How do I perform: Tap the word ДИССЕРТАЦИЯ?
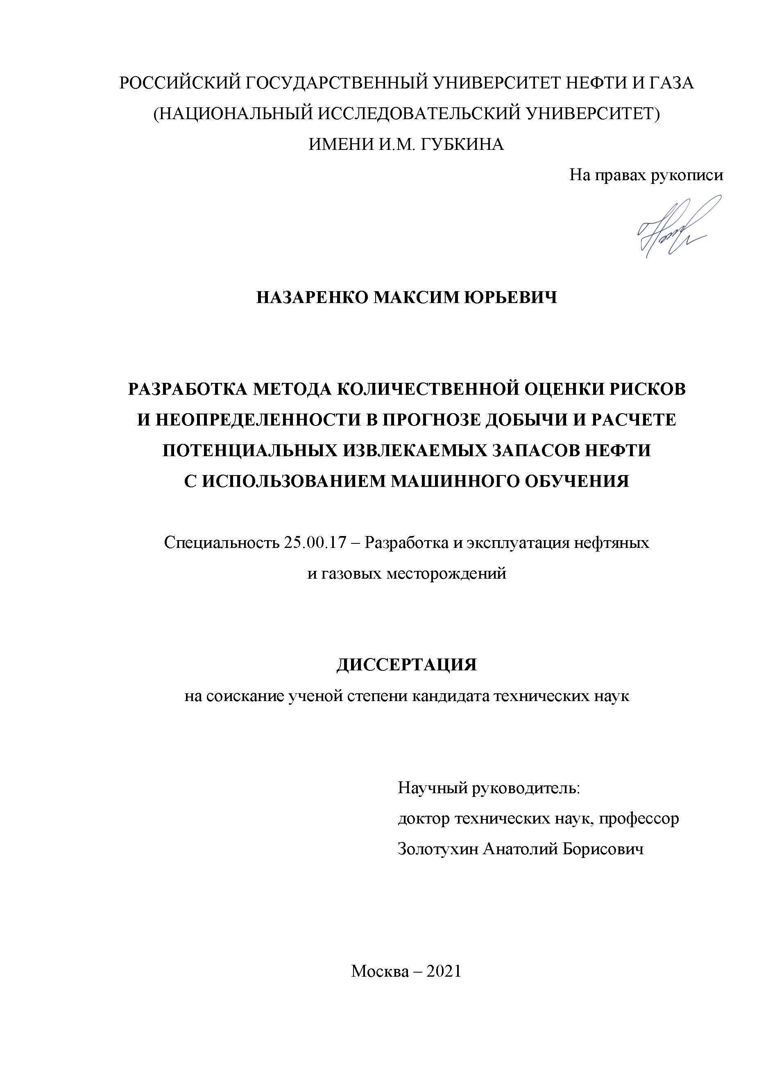(x=407, y=665)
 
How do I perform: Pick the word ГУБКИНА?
(x=463, y=145)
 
